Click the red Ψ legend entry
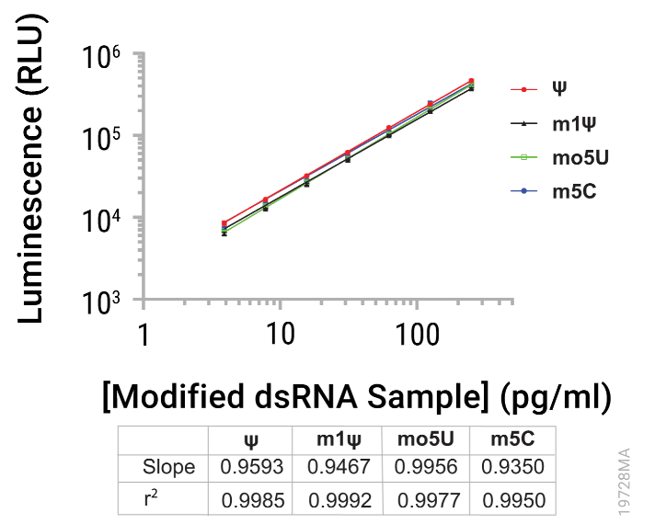pyautogui.click(x=558, y=89)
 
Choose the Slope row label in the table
pyautogui.click(x=168, y=467)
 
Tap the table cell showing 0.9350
pyautogui.click(x=513, y=467)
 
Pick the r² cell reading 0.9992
pyautogui.click(x=339, y=499)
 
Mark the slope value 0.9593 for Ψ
pyautogui.click(x=251, y=467)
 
